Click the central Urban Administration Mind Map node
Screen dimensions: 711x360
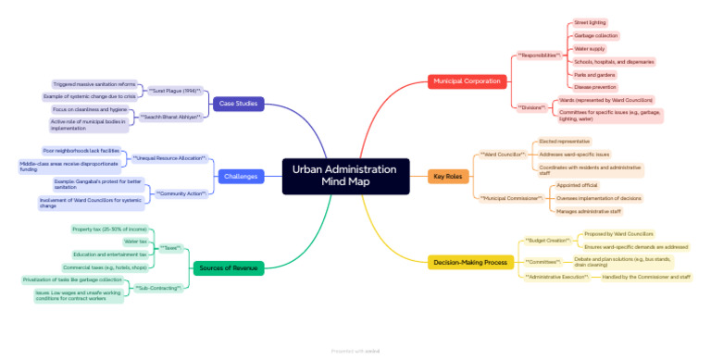[344, 176]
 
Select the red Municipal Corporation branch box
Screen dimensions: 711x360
[467, 81]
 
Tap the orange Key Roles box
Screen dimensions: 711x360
[448, 176]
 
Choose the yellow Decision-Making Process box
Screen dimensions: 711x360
[471, 263]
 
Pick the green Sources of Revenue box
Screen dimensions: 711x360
[227, 268]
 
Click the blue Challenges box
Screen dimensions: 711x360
[240, 176]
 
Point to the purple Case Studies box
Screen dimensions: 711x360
[238, 103]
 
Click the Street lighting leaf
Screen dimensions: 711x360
[591, 22]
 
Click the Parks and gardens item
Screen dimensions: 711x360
[595, 75]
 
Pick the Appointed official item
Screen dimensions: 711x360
[576, 185]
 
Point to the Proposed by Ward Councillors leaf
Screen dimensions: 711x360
[618, 234]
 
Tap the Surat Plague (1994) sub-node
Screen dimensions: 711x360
[175, 90]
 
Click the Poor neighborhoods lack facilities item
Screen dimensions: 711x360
[81, 150]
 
